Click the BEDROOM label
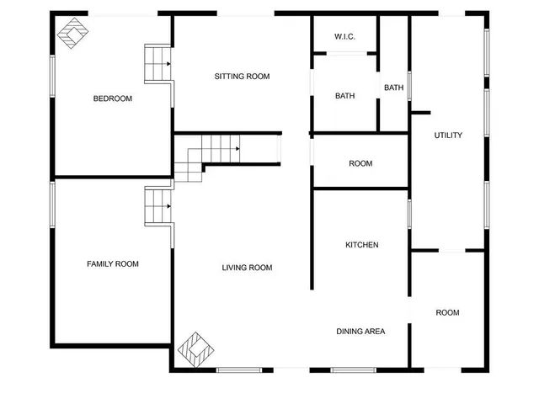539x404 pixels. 113,98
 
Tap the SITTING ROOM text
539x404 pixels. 242,77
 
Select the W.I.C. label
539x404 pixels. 344,37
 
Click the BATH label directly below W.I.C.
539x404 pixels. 344,96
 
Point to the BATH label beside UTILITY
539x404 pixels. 393,88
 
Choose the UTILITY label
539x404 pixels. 448,136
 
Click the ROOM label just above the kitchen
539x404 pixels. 360,163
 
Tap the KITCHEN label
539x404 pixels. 362,245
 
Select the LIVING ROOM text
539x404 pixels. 247,268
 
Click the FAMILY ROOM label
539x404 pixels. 113,264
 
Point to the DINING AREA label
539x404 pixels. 360,332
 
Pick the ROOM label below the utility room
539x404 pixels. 447,313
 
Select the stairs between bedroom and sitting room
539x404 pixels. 157,63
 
